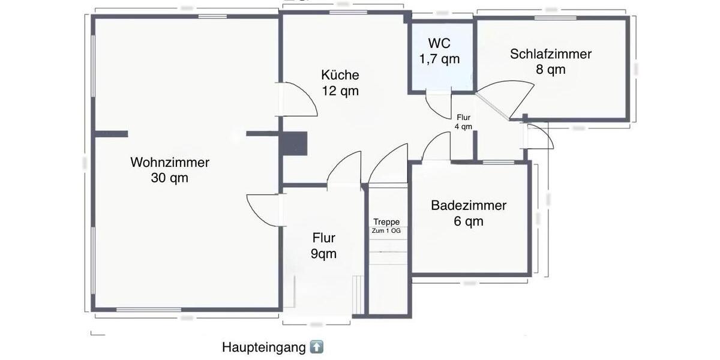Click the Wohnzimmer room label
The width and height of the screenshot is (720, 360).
coord(170,162)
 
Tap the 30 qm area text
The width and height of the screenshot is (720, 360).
coord(170,178)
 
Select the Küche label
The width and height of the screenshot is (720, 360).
coord(340,75)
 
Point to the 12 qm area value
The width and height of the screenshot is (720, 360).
coord(340,91)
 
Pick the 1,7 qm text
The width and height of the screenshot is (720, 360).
coord(439,59)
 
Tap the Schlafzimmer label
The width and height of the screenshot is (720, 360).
coord(551,54)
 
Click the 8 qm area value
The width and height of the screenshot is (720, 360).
coord(551,69)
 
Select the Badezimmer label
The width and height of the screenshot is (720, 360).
coord(469,206)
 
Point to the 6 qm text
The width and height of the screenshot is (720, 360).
coord(469,221)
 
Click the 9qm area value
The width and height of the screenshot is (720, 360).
coord(323,254)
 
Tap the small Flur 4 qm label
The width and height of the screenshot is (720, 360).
coord(464,122)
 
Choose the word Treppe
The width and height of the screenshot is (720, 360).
coord(386,222)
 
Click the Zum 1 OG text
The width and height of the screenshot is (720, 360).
coord(386,231)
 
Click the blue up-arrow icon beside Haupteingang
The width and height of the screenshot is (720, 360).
coord(317,347)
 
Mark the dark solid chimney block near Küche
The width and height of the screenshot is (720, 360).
coord(295,144)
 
